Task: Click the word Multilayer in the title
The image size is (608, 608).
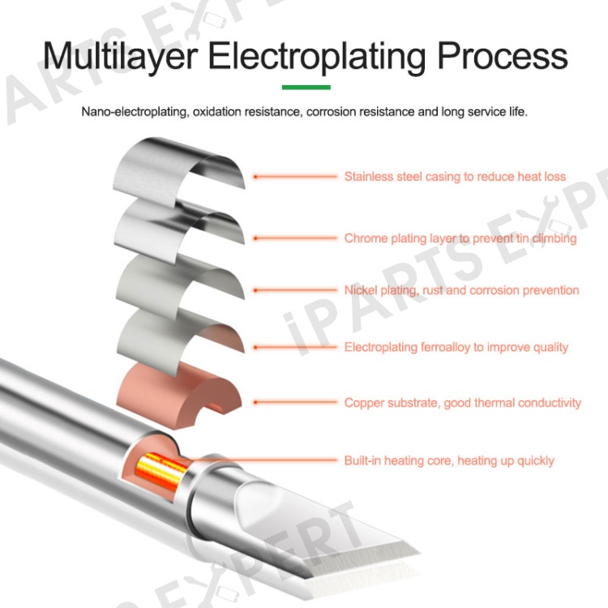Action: (x=121, y=57)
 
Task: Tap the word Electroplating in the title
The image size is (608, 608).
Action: (x=317, y=57)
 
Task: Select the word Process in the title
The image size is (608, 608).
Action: (x=502, y=56)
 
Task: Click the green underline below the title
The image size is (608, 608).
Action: (x=306, y=88)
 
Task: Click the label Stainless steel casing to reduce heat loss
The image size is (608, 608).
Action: (x=455, y=177)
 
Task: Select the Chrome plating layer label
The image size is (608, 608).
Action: (x=460, y=238)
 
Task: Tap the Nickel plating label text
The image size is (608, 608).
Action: (x=461, y=290)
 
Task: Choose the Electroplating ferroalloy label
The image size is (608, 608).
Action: (x=456, y=347)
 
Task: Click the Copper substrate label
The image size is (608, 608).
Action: (x=463, y=403)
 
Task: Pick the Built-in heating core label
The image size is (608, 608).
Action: (x=449, y=460)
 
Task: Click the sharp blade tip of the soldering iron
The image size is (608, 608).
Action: (x=419, y=552)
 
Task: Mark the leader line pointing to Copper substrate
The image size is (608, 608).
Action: (x=295, y=402)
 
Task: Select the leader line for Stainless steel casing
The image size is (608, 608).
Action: (x=295, y=177)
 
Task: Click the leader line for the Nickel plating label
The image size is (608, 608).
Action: (x=295, y=290)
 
